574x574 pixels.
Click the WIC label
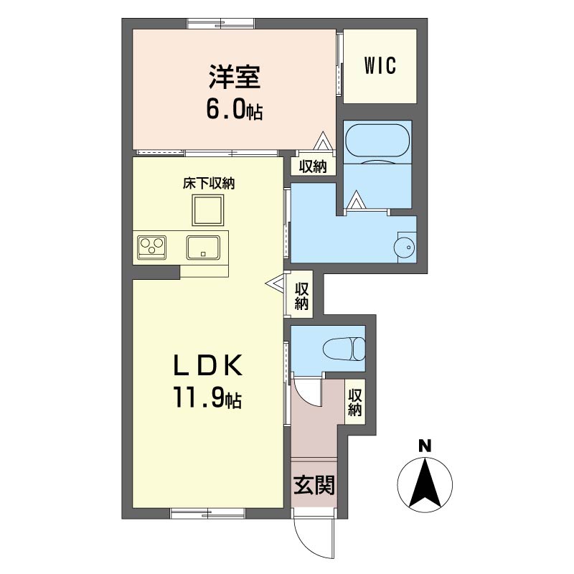pos(380,66)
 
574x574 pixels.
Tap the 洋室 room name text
pos(235,77)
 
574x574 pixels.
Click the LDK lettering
pos(207,365)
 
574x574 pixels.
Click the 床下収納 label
pos(209,184)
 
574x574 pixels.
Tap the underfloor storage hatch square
pos(207,210)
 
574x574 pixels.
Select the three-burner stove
pos(152,247)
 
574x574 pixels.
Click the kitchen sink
pos(203,248)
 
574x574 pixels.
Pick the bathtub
pos(377,143)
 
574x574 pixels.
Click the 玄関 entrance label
pos(314,485)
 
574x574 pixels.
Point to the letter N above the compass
pos(425,446)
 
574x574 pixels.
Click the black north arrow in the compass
pos(425,483)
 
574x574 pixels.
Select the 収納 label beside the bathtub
pos(313,167)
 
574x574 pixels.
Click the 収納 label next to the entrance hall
pos(354,403)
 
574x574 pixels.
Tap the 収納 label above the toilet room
pos(301,296)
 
